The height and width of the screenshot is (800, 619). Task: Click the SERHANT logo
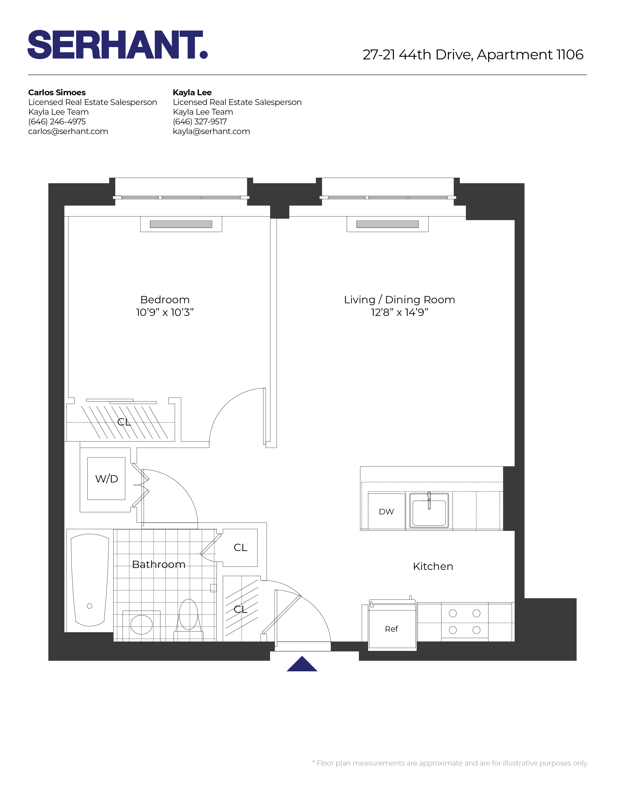(x=118, y=45)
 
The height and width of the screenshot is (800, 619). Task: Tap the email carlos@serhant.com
(x=68, y=131)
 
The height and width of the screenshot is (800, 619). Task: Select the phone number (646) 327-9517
(x=200, y=122)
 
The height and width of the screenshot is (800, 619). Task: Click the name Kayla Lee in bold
(x=192, y=92)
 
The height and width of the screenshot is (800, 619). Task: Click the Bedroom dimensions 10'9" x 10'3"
(x=165, y=312)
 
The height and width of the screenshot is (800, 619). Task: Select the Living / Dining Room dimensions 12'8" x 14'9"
(x=399, y=312)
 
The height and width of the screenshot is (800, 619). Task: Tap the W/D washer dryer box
(x=106, y=478)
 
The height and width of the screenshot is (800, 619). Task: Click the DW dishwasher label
(x=386, y=512)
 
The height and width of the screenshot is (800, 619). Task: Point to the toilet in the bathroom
(x=189, y=621)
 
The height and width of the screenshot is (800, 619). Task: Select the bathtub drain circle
(x=90, y=606)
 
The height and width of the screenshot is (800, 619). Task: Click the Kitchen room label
(x=433, y=566)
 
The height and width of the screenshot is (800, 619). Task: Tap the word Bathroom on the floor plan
(x=159, y=564)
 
